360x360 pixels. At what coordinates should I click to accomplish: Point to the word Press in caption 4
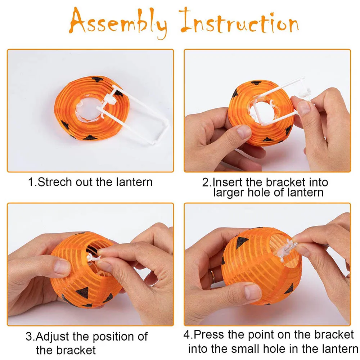[208, 334]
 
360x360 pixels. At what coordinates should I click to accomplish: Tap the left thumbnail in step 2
[244, 131]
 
